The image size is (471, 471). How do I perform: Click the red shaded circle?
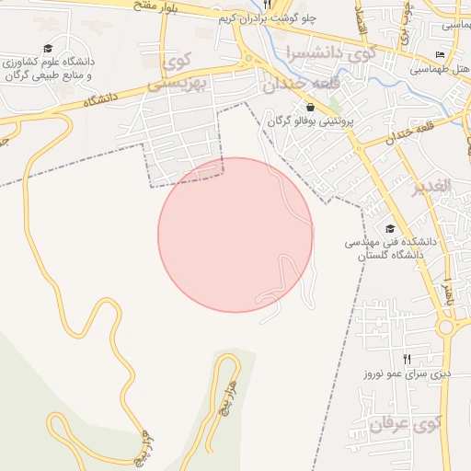[235, 235]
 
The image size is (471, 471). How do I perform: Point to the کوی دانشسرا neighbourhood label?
[330, 52]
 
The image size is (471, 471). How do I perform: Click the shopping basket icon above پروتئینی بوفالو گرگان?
[310, 108]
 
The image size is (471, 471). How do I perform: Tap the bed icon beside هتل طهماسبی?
[440, 56]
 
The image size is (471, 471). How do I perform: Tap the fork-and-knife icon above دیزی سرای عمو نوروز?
[407, 359]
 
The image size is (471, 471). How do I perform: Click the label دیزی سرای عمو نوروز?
[405, 373]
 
